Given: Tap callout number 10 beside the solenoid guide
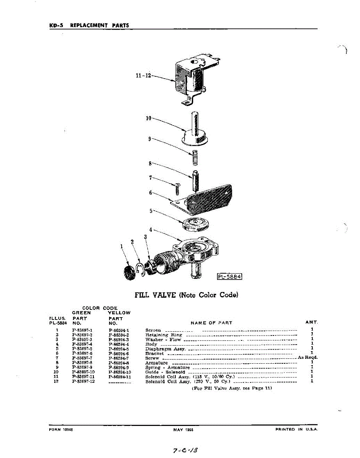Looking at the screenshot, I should point(149,118).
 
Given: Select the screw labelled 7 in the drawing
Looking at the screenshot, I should point(178,189).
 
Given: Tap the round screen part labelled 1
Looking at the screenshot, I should point(130,272).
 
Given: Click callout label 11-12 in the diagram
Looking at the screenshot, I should point(144,76).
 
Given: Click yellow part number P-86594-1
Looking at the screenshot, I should point(119,330).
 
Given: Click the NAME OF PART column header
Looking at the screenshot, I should point(211,323).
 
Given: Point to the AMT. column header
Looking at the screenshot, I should point(312,323).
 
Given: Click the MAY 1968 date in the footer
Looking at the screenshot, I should point(183,429).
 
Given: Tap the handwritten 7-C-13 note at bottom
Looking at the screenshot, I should point(186,450).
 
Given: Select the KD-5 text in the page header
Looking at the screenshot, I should point(56,26).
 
